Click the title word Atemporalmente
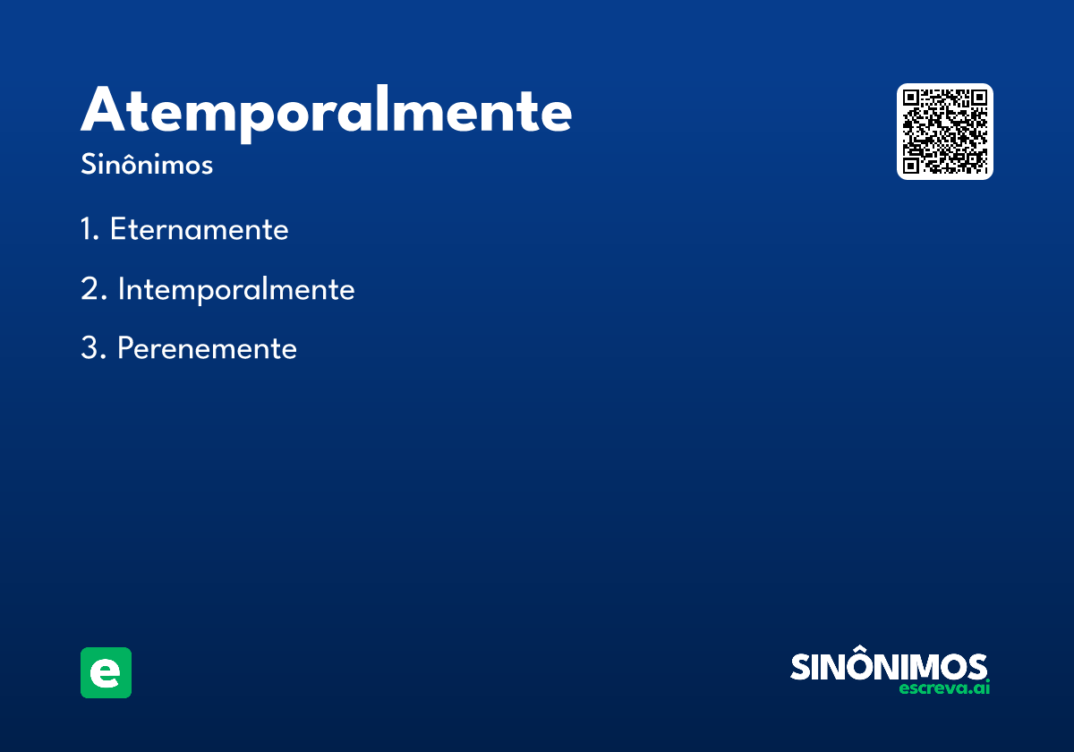coord(326,114)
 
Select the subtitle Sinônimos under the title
coord(147,164)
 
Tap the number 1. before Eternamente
coord(90,229)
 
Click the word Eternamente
coord(200,229)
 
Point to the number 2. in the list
coord(93,288)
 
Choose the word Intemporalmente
coord(236,290)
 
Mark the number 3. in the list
coord(93,347)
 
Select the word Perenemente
coord(207,347)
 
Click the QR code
coord(944,132)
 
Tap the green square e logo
coord(106,672)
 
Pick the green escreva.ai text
coord(944,688)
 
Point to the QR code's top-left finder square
coord(911,98)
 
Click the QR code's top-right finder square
coord(978,98)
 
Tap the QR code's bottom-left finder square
coord(911,166)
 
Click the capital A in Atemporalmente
coord(103,109)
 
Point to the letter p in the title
coord(251,120)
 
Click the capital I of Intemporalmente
coord(122,288)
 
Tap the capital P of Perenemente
coord(126,347)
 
